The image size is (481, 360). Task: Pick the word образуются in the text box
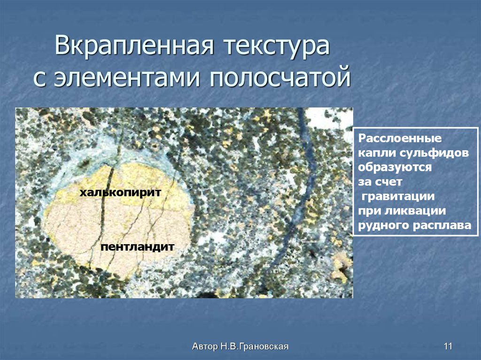pos(395,167)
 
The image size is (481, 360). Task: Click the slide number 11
pos(447,347)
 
